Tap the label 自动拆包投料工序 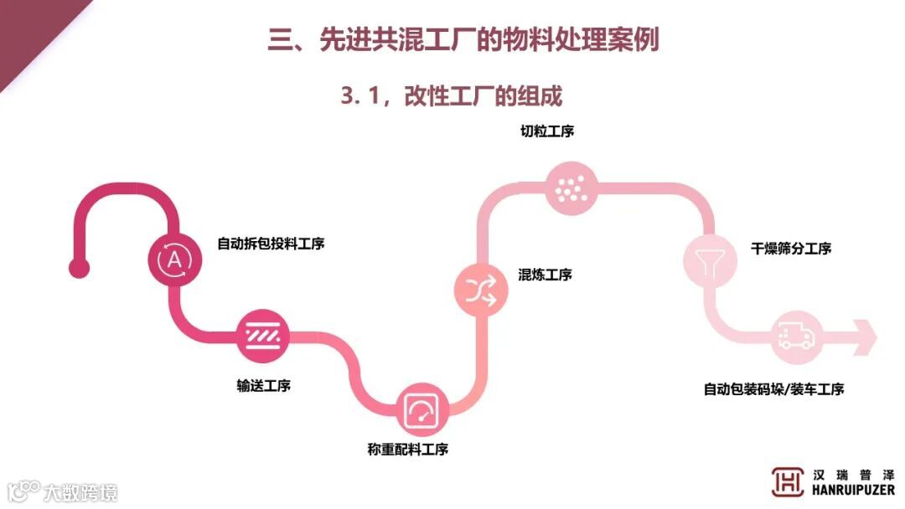[x=271, y=244]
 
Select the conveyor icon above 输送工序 [x=263, y=337]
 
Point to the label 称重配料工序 [x=408, y=450]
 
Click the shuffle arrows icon [x=482, y=289]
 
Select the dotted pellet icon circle [x=572, y=187]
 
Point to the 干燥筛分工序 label [x=791, y=249]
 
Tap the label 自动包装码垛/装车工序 [x=773, y=389]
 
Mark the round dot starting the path [x=79, y=268]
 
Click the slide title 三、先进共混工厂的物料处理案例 [x=463, y=39]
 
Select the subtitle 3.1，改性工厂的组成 [x=451, y=95]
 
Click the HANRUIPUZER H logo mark [x=788, y=481]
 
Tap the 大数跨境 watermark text [x=80, y=491]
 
